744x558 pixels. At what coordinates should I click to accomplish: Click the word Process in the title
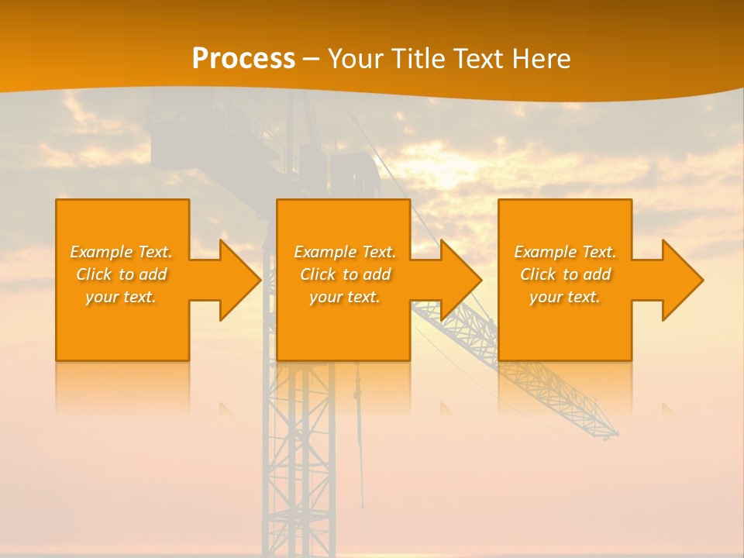pyautogui.click(x=243, y=59)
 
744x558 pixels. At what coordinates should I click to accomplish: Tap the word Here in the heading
pyautogui.click(x=541, y=59)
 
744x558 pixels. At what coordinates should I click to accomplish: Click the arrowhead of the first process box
pyautogui.click(x=239, y=280)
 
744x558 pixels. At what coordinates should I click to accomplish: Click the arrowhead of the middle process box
pyautogui.click(x=460, y=280)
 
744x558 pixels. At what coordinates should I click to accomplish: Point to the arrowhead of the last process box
pyautogui.click(x=682, y=280)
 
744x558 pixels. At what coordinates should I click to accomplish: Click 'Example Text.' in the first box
pyautogui.click(x=121, y=252)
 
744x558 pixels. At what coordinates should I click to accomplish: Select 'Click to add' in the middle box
pyautogui.click(x=345, y=274)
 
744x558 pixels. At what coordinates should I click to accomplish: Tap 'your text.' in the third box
pyautogui.click(x=564, y=297)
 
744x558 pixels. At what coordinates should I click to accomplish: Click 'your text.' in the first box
pyautogui.click(x=121, y=297)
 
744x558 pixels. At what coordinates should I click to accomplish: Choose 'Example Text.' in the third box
pyautogui.click(x=564, y=252)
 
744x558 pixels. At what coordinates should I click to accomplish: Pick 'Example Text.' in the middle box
pyautogui.click(x=345, y=252)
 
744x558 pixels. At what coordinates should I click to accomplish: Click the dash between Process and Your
pyautogui.click(x=311, y=59)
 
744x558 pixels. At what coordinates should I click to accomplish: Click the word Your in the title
pyautogui.click(x=353, y=59)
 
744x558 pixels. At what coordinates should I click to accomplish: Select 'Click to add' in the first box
pyautogui.click(x=121, y=274)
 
